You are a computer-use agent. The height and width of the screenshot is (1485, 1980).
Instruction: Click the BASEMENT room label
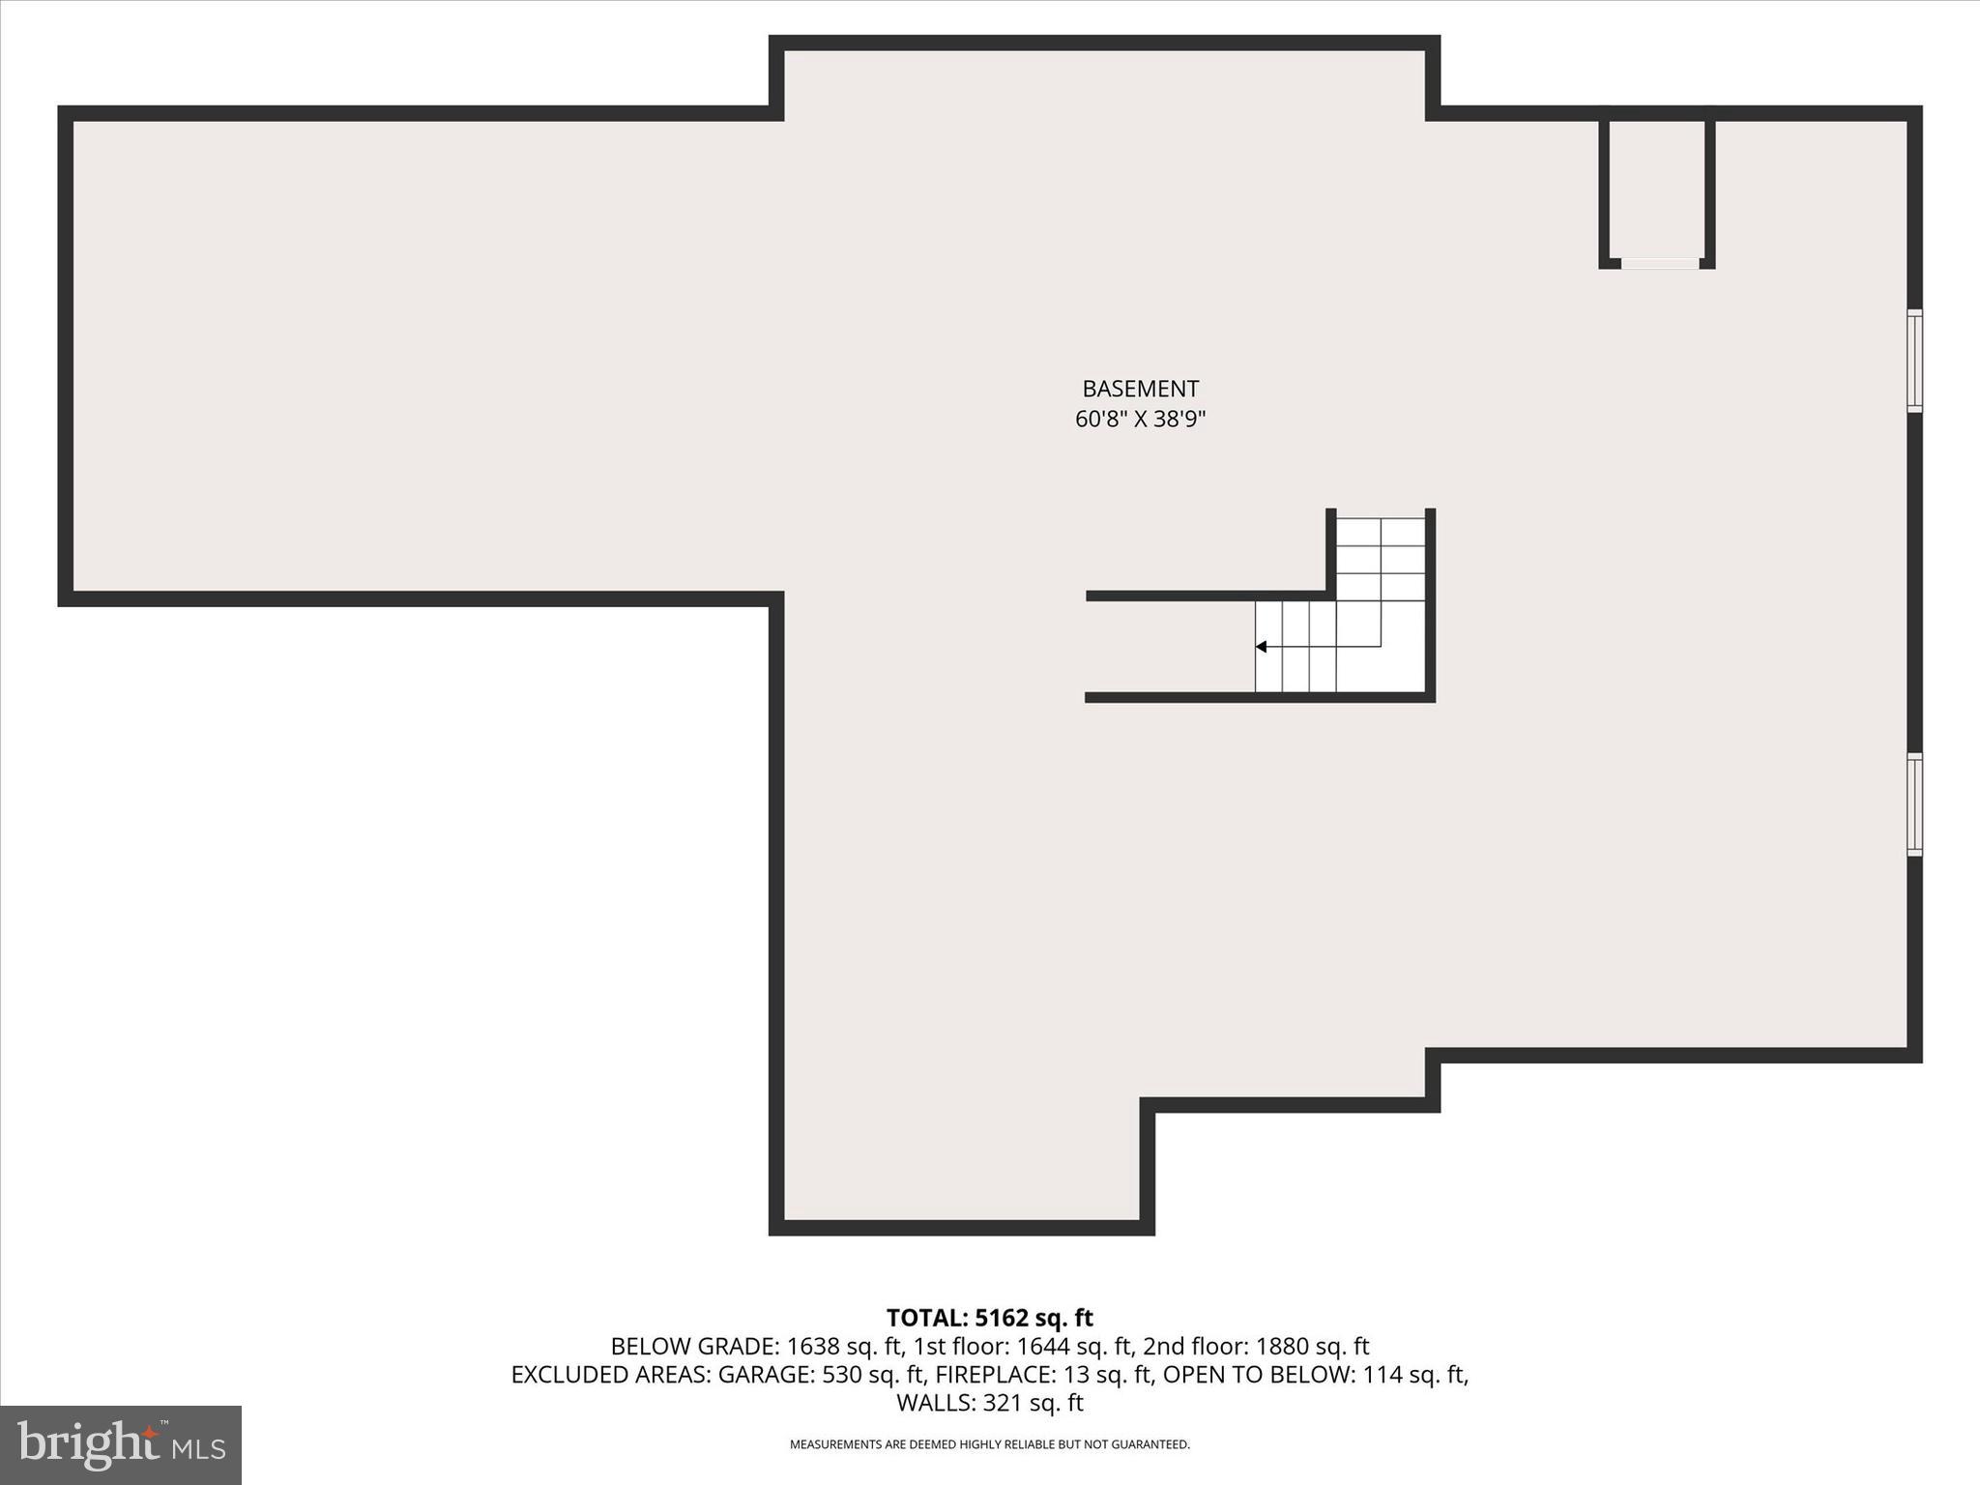[x=1140, y=389]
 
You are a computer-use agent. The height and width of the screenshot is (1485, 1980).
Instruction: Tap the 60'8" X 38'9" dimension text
[x=1140, y=420]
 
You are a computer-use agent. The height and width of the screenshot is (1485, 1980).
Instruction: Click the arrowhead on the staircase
[x=1261, y=647]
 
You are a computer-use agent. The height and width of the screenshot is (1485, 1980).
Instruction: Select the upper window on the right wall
[x=1913, y=361]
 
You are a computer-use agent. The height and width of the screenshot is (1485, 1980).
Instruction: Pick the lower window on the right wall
[x=1913, y=804]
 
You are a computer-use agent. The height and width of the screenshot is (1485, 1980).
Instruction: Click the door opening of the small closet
[x=1659, y=263]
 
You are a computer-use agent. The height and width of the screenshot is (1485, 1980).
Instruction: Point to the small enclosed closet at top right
[x=1656, y=189]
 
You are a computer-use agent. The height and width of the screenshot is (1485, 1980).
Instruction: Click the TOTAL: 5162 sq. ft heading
[x=989, y=1318]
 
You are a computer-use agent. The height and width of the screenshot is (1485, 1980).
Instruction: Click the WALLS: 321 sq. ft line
[x=989, y=1403]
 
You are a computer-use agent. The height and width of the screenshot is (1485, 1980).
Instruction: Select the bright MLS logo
[x=121, y=1445]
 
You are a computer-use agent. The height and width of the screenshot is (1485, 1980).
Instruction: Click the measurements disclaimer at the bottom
[x=989, y=1444]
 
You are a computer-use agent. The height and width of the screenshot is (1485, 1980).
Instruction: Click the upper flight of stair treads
[x=1381, y=559]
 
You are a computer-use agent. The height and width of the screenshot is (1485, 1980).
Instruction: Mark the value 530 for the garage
[x=841, y=1375]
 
